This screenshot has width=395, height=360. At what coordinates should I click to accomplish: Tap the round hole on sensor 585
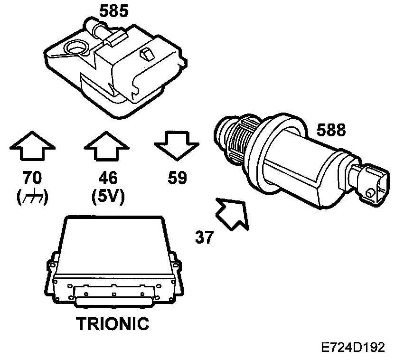(x=76, y=47)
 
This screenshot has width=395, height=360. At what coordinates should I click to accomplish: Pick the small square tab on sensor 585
(x=146, y=55)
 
